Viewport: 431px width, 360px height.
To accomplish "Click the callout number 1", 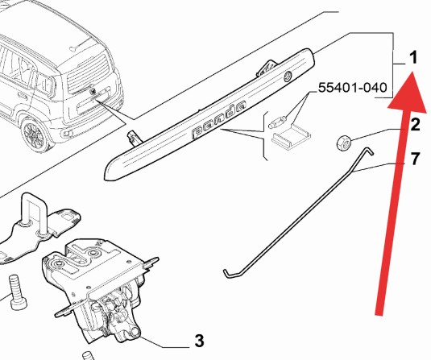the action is (413, 58).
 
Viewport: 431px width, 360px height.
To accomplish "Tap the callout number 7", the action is (416, 159).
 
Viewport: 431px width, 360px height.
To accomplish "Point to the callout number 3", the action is (199, 341).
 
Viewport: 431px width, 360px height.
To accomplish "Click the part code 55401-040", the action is (352, 88).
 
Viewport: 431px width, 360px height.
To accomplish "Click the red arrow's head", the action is (408, 92).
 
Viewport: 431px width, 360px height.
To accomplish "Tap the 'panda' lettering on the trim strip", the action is (219, 118).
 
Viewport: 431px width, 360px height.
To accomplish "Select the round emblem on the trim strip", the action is (288, 76).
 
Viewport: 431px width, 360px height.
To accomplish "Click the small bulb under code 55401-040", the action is (277, 122).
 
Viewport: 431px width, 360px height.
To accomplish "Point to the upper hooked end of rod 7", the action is (369, 151).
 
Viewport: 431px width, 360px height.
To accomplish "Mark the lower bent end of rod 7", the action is (227, 274).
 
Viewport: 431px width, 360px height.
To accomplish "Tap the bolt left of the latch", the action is (18, 292).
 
